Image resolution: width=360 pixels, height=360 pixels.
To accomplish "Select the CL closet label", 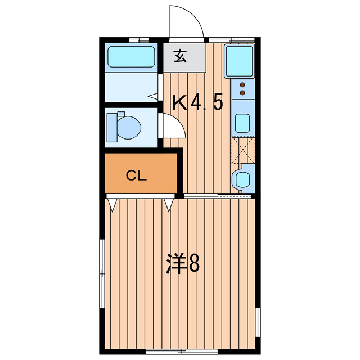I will (x=136, y=175).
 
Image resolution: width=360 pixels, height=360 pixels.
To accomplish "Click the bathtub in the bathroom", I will (x=131, y=57).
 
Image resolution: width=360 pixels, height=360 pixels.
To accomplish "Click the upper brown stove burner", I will (x=242, y=84).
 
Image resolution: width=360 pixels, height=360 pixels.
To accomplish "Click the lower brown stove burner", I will (x=242, y=91).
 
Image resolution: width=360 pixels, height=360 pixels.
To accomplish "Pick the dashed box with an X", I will (x=243, y=150).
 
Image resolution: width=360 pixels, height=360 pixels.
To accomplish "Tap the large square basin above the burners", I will (x=240, y=61).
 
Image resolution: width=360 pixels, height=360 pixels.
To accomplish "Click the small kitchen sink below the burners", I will (x=242, y=123).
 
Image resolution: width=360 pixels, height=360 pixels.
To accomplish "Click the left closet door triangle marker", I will (x=112, y=203).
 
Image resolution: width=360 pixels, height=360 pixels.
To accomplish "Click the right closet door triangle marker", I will (x=169, y=203).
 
